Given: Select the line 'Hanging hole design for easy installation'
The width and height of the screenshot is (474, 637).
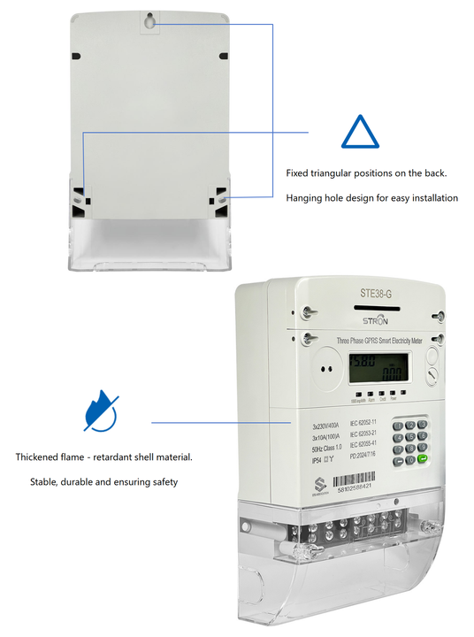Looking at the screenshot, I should pos(372,198).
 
